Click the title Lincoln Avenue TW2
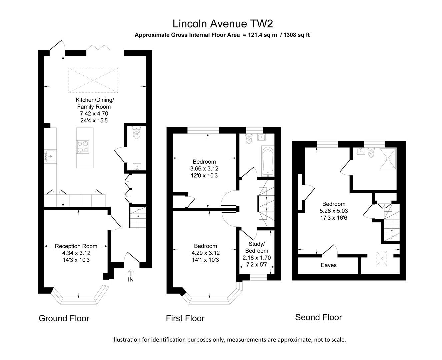223,24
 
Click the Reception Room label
76,246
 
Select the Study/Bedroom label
256,247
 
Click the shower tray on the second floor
388,159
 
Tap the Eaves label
329,265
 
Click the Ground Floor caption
64,318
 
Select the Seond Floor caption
318,317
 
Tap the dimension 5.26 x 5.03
334,211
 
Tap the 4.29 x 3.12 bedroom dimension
205,253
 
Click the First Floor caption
185,318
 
